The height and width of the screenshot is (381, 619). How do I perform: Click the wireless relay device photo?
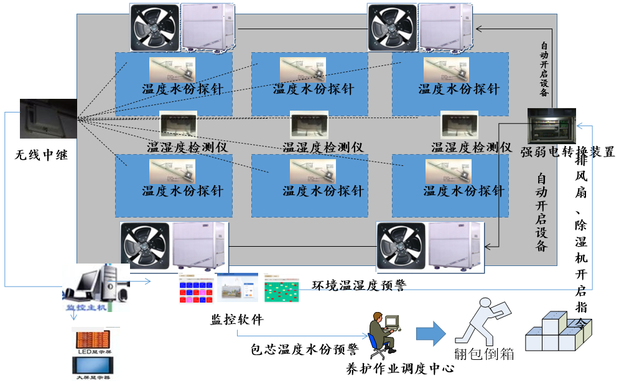coord(48,118)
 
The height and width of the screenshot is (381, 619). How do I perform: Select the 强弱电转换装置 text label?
coord(567,152)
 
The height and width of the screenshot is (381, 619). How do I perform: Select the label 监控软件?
coord(237,320)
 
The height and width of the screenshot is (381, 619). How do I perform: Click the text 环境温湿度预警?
coord(358,286)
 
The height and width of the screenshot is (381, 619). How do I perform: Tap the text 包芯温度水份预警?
coord(304,350)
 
